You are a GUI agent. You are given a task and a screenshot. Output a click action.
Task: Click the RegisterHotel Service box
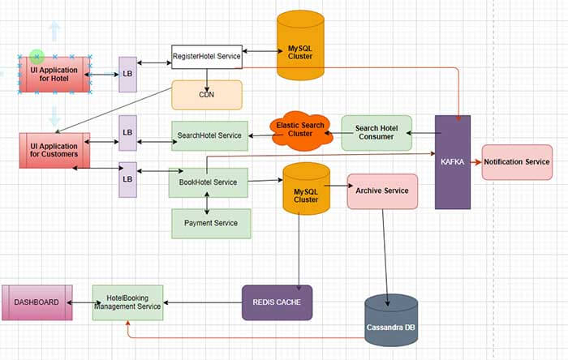point(206,57)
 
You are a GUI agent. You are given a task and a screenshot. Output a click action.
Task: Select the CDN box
point(206,95)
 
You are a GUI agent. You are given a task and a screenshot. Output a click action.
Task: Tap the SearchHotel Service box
point(210,135)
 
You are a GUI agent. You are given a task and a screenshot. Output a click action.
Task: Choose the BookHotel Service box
point(208,182)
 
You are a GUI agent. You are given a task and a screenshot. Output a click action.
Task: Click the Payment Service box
point(211,223)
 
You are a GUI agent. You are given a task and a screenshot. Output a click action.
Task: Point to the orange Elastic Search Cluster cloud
point(301,131)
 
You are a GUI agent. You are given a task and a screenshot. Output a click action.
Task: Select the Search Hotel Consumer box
point(376,132)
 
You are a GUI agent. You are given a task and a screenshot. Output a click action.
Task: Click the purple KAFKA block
point(452,162)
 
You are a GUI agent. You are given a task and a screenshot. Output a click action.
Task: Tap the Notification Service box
point(517,162)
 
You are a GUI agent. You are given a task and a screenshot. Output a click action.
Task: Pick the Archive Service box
point(382,191)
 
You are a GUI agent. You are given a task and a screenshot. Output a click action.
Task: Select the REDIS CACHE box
point(277,302)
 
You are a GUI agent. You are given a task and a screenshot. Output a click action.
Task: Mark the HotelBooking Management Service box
point(127,302)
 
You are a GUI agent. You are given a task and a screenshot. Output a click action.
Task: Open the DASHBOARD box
point(37,302)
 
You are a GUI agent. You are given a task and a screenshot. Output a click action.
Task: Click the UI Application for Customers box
point(54,150)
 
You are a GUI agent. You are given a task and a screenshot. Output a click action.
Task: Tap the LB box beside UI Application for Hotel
point(127,74)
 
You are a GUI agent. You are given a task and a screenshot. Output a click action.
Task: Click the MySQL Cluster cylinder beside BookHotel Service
point(306,189)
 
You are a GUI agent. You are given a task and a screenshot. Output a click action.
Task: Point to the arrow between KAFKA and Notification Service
point(476,162)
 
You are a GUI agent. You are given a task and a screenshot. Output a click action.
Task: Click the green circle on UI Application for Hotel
point(37,56)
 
